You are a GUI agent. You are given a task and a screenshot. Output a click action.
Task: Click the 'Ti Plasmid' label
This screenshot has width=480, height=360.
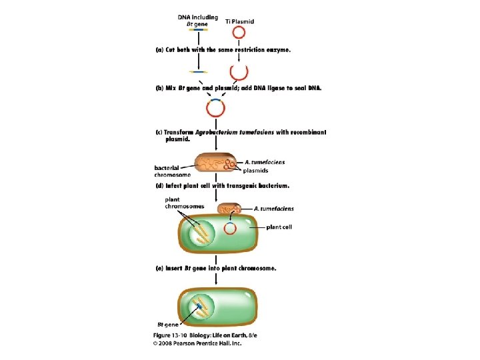(x=240, y=21)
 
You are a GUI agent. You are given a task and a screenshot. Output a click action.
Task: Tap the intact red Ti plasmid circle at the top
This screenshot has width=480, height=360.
(x=239, y=27)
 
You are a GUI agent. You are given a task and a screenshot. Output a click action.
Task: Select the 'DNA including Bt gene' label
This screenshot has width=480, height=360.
(x=198, y=21)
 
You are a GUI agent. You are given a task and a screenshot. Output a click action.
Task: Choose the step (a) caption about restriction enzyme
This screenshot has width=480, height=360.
(x=223, y=50)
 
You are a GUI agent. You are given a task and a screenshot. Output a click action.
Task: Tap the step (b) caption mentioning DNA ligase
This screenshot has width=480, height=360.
(x=239, y=88)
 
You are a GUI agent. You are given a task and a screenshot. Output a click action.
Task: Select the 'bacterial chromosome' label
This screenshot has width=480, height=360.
(x=173, y=171)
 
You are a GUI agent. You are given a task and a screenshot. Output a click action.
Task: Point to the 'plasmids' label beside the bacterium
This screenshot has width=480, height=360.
(x=255, y=171)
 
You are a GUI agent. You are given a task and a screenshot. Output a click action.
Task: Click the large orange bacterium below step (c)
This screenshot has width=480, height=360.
(x=216, y=162)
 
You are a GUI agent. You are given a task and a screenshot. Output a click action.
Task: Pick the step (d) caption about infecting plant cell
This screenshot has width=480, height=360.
(x=223, y=186)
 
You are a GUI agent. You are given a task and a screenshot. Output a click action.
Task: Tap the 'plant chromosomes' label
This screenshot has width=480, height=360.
(x=184, y=203)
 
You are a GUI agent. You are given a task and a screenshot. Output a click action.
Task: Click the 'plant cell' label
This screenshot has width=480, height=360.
(x=279, y=227)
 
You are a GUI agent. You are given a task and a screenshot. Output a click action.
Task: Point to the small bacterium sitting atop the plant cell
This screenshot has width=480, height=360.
(x=229, y=209)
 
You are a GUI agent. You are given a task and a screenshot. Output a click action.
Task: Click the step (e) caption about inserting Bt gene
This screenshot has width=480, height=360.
(x=216, y=269)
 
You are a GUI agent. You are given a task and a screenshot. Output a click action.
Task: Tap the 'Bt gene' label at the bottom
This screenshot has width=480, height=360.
(x=168, y=325)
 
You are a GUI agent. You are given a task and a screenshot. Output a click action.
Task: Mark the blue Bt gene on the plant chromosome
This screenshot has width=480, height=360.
(x=199, y=305)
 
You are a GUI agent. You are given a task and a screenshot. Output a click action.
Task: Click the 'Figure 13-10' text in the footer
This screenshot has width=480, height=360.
(x=170, y=335)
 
